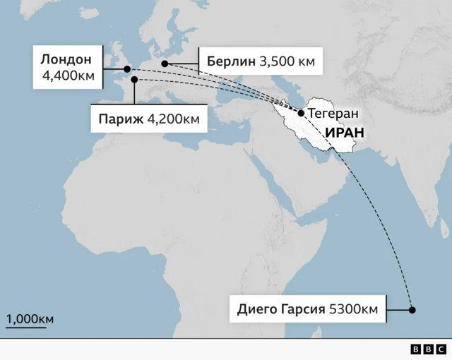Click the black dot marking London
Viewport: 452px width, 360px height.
(127, 69)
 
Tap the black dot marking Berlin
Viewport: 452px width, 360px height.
(165, 64)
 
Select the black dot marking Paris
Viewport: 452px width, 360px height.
(133, 80)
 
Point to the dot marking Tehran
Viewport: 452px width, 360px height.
(302, 113)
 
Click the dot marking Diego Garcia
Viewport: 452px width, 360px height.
(412, 309)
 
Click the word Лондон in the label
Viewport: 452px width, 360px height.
(66, 59)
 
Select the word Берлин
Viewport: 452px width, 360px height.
(231, 61)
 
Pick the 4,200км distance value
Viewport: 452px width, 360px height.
(173, 118)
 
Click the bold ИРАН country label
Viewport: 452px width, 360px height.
(344, 132)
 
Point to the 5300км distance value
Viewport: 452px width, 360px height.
(352, 308)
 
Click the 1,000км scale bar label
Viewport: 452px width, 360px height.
(30, 318)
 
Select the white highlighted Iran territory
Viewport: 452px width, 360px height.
(318, 134)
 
